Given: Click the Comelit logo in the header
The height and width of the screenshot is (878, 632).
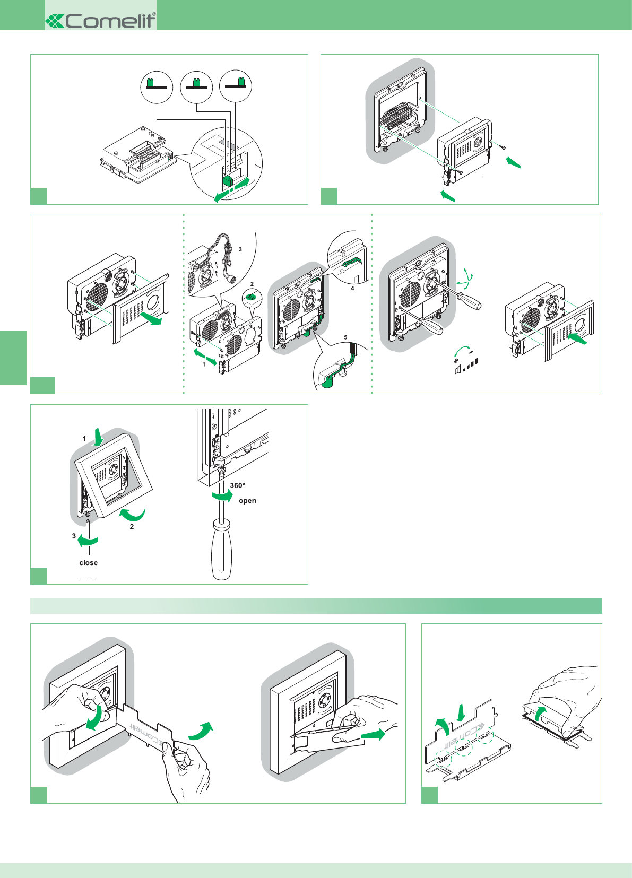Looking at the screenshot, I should tap(101, 21).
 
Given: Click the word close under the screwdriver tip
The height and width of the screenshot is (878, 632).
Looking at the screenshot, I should tap(89, 563).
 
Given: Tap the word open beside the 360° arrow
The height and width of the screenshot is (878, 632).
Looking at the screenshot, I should tap(247, 501).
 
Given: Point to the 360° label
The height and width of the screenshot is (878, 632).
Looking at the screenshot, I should tap(237, 485).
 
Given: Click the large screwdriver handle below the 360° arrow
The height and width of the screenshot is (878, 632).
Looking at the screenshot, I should tap(221, 550).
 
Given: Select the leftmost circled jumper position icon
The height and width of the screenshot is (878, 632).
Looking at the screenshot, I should tap(157, 86).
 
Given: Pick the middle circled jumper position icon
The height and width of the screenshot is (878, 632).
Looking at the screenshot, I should tap(196, 86).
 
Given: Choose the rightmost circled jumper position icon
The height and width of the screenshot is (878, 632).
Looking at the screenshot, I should tap(236, 86).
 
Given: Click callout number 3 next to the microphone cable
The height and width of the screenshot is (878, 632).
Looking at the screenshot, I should tap(240, 249).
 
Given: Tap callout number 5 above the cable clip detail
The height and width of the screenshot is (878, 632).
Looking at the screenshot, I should tap(345, 337).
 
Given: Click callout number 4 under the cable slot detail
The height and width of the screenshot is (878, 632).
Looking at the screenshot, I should tap(352, 289).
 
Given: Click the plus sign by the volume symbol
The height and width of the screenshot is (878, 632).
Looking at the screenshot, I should tap(456, 361).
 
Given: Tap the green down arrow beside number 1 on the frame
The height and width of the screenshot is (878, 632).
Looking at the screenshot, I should tap(98, 438).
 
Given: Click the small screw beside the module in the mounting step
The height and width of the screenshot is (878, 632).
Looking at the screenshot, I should tap(501, 145).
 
